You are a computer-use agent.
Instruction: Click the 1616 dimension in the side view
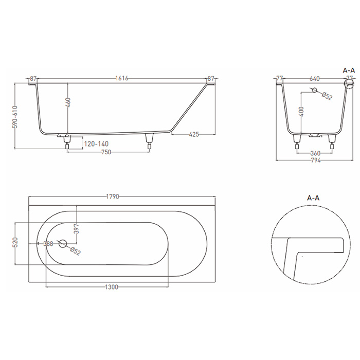121,78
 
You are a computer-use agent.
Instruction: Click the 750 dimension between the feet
107,152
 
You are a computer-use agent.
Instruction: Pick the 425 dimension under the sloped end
194,134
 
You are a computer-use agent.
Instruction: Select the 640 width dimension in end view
315,78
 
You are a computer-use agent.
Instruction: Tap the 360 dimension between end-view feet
315,153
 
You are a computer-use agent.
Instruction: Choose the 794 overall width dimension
315,160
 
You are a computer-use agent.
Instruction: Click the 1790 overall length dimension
113,196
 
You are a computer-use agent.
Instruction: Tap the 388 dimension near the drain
48,244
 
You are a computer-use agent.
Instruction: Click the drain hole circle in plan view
64,244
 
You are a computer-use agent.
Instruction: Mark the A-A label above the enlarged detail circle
314,197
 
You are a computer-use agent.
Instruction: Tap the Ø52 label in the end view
328,96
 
